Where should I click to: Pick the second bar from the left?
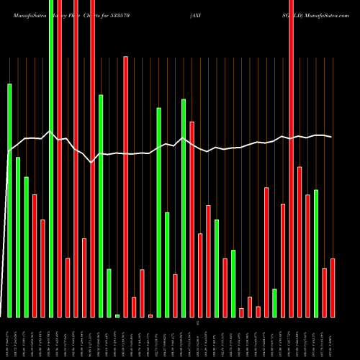point(18,237)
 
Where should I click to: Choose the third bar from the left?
point(27,247)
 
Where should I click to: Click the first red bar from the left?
point(35,256)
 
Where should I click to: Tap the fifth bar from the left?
point(43,268)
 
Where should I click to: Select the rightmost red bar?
point(333,287)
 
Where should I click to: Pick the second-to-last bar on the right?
point(324,292)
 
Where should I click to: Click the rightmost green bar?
point(316,253)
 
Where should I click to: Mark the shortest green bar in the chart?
point(117,315)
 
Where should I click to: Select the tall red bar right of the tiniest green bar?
point(125,186)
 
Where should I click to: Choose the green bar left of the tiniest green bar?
point(109,293)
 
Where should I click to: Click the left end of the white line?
point(9,150)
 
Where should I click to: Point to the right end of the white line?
point(332,137)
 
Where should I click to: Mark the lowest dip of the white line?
point(91,163)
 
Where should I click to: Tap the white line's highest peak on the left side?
point(50,132)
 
